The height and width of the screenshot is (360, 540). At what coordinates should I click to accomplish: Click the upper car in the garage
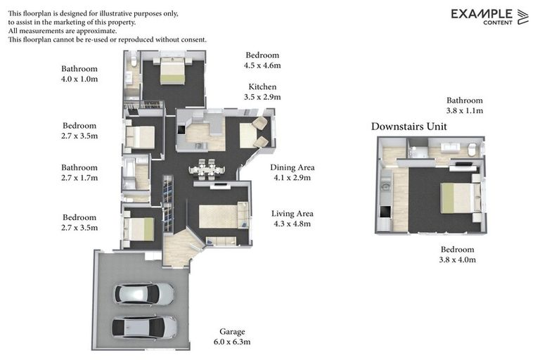click(x=144, y=293)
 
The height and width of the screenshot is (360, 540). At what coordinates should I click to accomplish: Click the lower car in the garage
click(x=145, y=326)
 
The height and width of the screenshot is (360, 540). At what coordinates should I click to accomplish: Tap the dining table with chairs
click(x=206, y=169)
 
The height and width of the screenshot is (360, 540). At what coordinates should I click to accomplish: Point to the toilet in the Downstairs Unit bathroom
click(x=472, y=149)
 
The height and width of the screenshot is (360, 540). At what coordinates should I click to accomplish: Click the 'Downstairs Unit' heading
click(x=409, y=127)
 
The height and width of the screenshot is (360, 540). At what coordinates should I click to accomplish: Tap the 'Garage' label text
click(x=232, y=331)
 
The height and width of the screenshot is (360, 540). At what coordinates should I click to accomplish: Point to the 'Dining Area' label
click(x=292, y=167)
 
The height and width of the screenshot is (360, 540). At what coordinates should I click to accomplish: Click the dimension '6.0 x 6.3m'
click(x=232, y=342)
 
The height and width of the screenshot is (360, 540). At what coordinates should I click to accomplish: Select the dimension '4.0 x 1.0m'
click(x=79, y=79)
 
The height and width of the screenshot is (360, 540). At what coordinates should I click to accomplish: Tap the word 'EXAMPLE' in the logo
click(x=482, y=13)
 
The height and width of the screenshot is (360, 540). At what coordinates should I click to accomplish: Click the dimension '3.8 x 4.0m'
click(x=458, y=259)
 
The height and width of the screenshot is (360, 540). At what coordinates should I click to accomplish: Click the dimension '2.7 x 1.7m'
click(x=79, y=178)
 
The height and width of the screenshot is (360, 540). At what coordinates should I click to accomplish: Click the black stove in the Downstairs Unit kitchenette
click(x=384, y=212)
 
